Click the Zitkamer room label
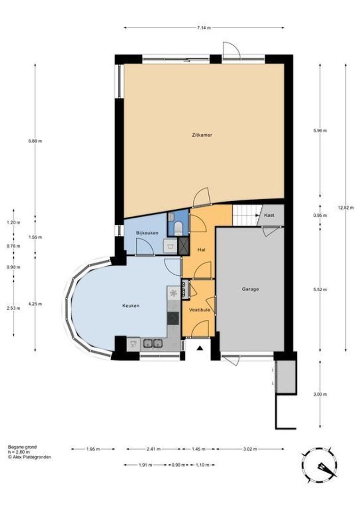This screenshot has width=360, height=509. click(x=202, y=135)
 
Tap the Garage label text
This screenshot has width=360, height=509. click(x=250, y=289)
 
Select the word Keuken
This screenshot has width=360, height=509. click(x=131, y=306)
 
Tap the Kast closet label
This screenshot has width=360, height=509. click(x=270, y=215)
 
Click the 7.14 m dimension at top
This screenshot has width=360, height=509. click(x=204, y=28)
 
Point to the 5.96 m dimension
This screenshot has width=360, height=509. click(x=320, y=131)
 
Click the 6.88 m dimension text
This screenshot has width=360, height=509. click(x=35, y=140)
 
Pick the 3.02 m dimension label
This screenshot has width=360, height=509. click(x=250, y=449)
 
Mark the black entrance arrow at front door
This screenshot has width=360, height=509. click(x=200, y=348)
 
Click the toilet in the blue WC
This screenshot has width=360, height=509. click(x=178, y=229)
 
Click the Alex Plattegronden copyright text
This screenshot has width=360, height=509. click(x=29, y=457)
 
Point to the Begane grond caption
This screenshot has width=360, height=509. click(x=22, y=447)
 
